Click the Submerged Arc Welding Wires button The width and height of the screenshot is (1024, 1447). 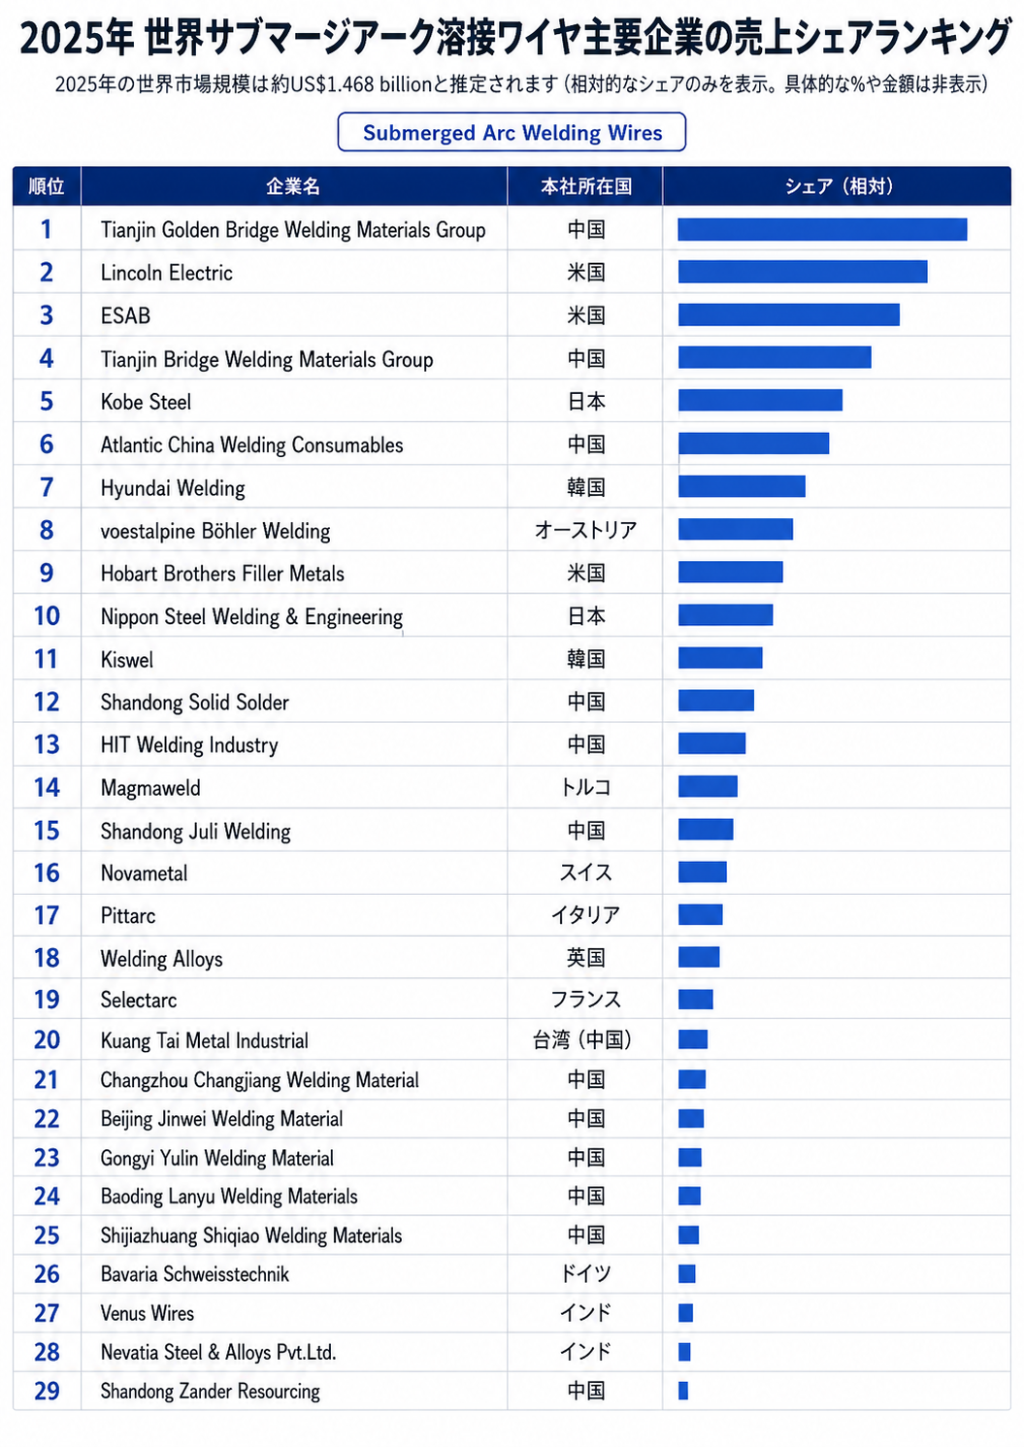pyautogui.click(x=512, y=132)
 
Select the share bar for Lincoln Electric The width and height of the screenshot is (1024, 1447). pyautogui.click(x=803, y=272)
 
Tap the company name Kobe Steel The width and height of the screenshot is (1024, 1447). pyautogui.click(x=146, y=402)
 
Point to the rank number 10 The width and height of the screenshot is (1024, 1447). pyautogui.click(x=47, y=616)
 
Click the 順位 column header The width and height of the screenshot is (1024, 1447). pyautogui.click(x=47, y=186)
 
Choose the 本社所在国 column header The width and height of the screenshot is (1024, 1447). pyautogui.click(x=586, y=186)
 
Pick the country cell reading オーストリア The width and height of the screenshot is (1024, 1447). pyautogui.click(x=585, y=530)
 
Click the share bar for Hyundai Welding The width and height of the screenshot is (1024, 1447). pyautogui.click(x=742, y=486)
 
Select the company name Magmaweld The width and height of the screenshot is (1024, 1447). pyautogui.click(x=150, y=788)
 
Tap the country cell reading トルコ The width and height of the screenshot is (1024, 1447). pyautogui.click(x=585, y=787)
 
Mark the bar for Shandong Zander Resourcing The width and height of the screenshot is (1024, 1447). pyautogui.click(x=683, y=1390)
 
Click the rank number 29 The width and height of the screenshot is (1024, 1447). pyautogui.click(x=47, y=1391)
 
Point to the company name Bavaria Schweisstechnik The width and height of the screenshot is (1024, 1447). pyautogui.click(x=195, y=1274)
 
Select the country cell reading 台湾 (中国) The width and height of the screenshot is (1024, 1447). pyautogui.click(x=582, y=1040)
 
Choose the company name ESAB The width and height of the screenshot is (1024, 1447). pyautogui.click(x=125, y=315)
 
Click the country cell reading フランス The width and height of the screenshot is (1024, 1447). pyautogui.click(x=585, y=1000)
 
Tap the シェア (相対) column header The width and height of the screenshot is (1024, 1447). pyautogui.click(x=839, y=186)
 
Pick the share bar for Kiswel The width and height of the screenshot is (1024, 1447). pyautogui.click(x=720, y=658)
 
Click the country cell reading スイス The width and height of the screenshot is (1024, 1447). pyautogui.click(x=585, y=873)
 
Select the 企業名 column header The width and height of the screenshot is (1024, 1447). pyautogui.click(x=293, y=186)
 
